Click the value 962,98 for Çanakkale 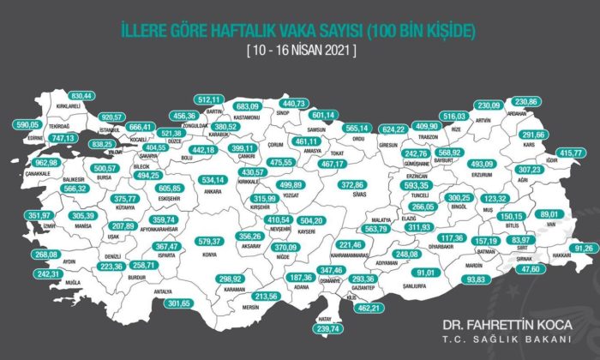point(27,163)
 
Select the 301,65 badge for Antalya point(179,303)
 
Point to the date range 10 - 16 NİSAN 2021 point(300,51)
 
